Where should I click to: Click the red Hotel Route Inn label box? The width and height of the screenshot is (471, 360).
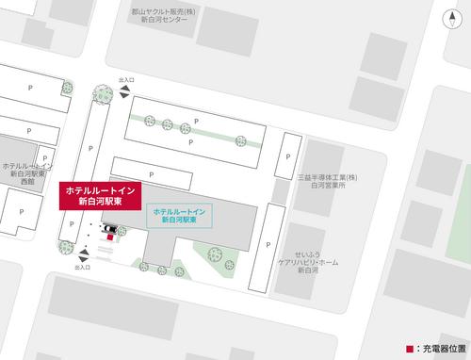pos(100,197)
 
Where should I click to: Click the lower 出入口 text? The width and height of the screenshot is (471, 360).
pos(82,268)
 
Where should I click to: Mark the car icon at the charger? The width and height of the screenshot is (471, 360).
pos(111,229)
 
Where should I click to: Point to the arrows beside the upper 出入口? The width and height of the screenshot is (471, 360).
pos(126,93)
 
